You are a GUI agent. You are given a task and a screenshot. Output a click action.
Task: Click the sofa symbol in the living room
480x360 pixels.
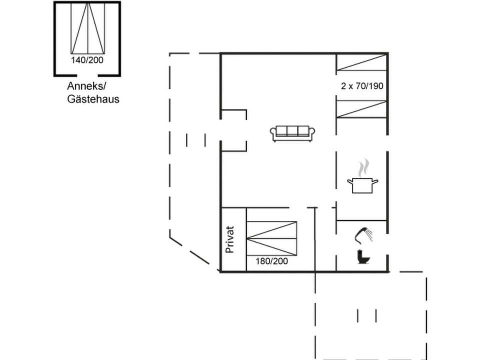click(x=292, y=133)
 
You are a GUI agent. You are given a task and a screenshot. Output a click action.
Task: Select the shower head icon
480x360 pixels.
click(x=365, y=233)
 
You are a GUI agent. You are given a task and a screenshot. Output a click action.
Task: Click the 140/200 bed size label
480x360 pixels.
click(x=87, y=60)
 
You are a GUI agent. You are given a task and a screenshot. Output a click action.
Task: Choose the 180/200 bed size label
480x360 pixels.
click(x=271, y=260)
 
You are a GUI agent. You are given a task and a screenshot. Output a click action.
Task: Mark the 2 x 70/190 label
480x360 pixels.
click(x=362, y=86)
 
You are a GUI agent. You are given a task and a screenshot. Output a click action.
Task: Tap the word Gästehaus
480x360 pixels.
click(x=93, y=99)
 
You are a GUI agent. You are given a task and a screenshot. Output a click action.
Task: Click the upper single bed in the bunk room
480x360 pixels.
click(x=361, y=63)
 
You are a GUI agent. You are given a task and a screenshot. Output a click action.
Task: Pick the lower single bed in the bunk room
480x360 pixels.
click(x=361, y=109)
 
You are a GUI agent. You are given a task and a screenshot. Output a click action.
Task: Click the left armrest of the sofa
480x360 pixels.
click(x=273, y=133)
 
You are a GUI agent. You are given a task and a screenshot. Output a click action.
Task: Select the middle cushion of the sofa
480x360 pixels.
click(x=292, y=131)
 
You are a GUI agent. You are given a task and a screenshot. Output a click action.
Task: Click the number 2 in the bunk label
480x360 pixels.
click(x=343, y=86)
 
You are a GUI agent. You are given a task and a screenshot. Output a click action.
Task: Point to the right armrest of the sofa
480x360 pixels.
click(x=312, y=133)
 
